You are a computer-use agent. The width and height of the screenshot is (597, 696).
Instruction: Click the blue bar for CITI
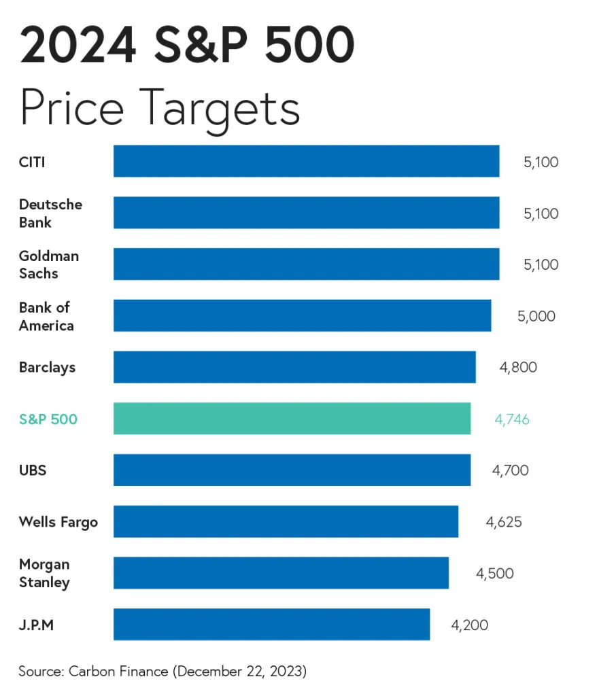306,161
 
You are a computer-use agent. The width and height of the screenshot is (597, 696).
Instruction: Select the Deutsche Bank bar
306,213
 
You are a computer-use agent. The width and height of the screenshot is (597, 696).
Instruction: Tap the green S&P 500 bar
292,419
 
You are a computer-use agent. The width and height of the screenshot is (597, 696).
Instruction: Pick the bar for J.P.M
271,624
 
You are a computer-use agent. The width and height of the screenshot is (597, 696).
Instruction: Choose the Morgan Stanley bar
281,573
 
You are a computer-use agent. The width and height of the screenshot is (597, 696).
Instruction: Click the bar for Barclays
294,367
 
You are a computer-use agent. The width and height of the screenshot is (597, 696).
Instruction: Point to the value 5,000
536,316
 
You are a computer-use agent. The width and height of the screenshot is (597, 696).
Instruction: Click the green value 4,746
511,419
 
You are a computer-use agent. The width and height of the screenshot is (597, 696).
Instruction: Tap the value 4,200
469,625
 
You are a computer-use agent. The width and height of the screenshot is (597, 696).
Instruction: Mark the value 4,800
517,368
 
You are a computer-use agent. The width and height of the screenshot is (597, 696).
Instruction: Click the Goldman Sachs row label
48,264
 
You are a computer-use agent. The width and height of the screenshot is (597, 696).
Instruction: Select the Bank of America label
46,316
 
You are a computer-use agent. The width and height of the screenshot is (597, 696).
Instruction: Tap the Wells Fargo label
58,522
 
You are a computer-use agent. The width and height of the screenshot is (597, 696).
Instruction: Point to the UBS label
33,470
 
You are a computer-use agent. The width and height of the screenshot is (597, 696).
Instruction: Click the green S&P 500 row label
48,419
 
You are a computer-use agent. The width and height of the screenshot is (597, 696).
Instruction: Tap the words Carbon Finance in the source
118,672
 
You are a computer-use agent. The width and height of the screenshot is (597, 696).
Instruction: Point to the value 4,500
494,573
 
